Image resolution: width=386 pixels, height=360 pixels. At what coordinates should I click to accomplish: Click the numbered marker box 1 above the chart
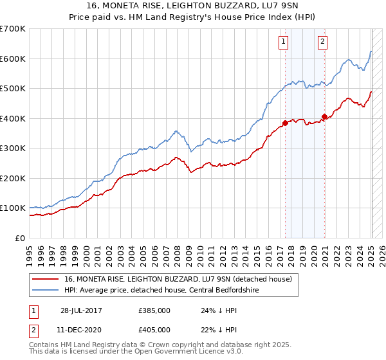(283, 42)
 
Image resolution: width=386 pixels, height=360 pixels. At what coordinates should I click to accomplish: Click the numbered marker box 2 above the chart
(322, 42)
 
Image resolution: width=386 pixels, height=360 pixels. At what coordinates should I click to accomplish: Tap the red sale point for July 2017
(285, 123)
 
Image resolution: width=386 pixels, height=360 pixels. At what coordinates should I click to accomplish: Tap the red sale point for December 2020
(324, 117)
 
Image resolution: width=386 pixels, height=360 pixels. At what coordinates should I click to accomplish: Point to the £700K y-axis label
(13, 29)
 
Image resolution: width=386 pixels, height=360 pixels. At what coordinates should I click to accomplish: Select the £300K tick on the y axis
(13, 148)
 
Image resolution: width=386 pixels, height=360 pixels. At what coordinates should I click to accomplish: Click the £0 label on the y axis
(21, 238)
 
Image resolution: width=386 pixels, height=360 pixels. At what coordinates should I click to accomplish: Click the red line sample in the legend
(46, 279)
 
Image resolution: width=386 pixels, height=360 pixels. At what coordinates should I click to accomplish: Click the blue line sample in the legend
(46, 290)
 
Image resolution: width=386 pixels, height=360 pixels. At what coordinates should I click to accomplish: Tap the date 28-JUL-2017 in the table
(80, 310)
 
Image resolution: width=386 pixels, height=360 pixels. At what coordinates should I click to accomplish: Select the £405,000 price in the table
(154, 329)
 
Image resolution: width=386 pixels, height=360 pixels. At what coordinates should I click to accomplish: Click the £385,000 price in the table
(154, 310)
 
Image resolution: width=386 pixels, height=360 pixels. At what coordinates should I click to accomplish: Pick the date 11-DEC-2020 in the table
(81, 329)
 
